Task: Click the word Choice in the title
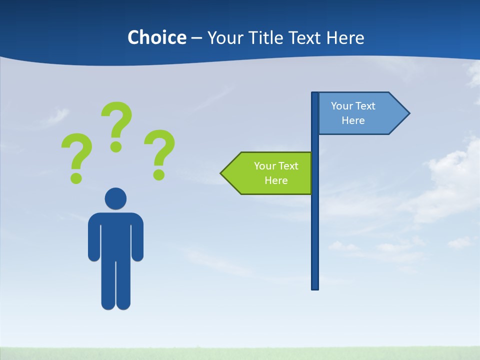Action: [x=156, y=37]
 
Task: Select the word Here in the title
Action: [x=345, y=37]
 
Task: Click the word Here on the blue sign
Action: [x=353, y=120]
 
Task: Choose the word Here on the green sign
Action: [x=276, y=180]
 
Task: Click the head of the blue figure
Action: [x=115, y=198]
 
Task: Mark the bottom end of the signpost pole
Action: [x=315, y=287]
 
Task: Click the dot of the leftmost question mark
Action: [x=76, y=177]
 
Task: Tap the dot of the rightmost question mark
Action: [x=158, y=174]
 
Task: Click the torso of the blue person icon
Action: [x=115, y=235]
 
